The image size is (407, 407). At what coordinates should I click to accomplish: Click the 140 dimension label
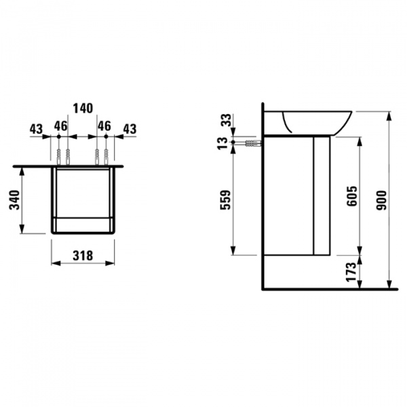83,109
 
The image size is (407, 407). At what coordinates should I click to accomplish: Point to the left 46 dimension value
60,125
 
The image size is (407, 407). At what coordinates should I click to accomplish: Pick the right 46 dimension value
104,125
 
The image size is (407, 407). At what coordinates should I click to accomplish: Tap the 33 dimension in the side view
226,121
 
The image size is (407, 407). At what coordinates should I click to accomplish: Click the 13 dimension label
226,143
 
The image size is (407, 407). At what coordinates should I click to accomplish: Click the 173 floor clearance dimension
351,272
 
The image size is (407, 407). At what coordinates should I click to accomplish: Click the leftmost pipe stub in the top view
59,155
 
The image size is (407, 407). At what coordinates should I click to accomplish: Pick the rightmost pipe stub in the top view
106,155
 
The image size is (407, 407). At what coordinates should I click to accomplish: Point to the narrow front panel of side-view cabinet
320,195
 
